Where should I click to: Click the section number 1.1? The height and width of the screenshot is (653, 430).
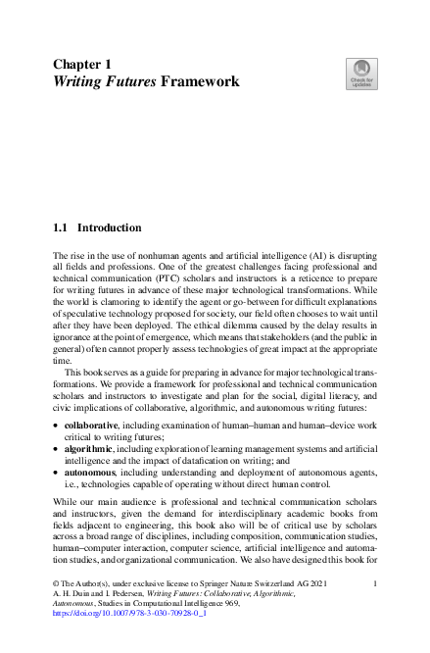pos(60,227)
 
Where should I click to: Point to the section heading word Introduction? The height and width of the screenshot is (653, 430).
pos(109,227)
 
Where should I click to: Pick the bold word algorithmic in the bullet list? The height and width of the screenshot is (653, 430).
pos(90,448)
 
